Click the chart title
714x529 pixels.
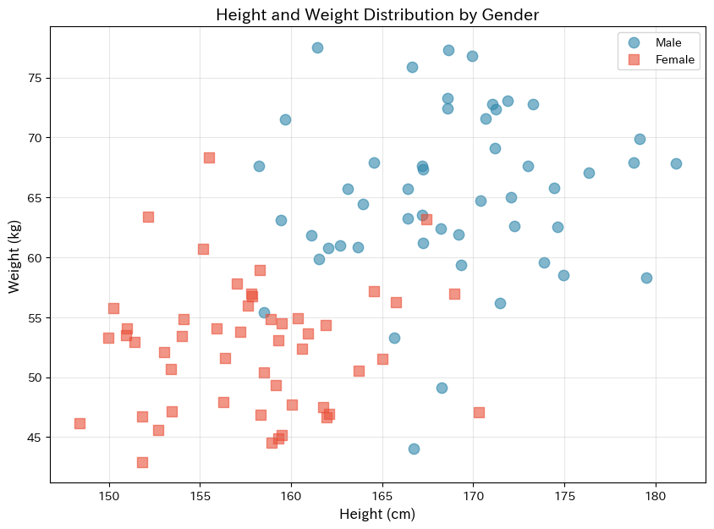(377, 14)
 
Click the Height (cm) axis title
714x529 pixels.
(377, 514)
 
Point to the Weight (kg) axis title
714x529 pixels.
(14, 255)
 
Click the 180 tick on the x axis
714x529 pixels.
(656, 494)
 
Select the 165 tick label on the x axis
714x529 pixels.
(382, 494)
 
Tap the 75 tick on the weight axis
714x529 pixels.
(36, 78)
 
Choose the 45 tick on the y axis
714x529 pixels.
(36, 438)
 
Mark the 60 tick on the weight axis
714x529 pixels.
(36, 257)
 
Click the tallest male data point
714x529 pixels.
(676, 163)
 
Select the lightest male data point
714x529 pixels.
(414, 449)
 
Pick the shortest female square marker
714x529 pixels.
(80, 423)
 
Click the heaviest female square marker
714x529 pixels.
(209, 157)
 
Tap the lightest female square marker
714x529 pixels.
(142, 462)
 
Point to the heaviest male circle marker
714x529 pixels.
(317, 47)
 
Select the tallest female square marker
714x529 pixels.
(479, 412)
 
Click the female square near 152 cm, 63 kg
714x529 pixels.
(148, 217)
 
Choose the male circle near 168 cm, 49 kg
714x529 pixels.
(442, 388)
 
